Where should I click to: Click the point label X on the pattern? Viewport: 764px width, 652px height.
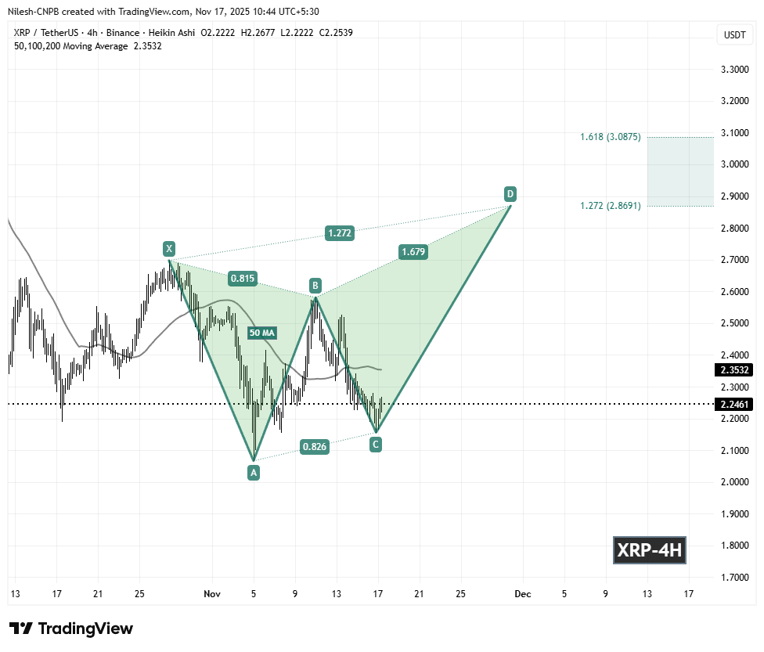(x=168, y=249)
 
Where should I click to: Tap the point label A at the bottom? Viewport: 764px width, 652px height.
(x=253, y=472)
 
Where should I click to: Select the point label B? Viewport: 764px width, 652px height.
(x=314, y=285)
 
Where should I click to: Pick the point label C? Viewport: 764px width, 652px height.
(x=376, y=445)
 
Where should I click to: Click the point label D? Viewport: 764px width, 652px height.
(x=510, y=193)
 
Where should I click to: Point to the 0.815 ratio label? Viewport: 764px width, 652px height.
(x=240, y=278)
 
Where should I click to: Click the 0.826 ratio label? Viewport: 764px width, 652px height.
(x=314, y=447)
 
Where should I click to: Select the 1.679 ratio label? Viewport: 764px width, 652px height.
(x=413, y=252)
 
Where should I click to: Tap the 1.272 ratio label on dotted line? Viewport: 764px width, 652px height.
(x=340, y=232)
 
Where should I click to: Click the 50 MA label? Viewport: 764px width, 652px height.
(x=261, y=333)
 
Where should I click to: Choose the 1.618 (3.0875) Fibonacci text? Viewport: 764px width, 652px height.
(x=611, y=137)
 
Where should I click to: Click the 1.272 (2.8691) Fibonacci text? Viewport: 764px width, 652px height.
(x=611, y=205)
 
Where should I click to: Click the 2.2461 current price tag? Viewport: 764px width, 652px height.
(x=734, y=405)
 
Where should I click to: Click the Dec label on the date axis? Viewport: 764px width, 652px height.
(x=523, y=594)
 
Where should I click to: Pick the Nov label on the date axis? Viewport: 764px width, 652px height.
(x=212, y=594)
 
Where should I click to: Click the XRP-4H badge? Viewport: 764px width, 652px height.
(x=650, y=550)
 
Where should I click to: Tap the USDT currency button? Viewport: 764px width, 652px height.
(x=734, y=34)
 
